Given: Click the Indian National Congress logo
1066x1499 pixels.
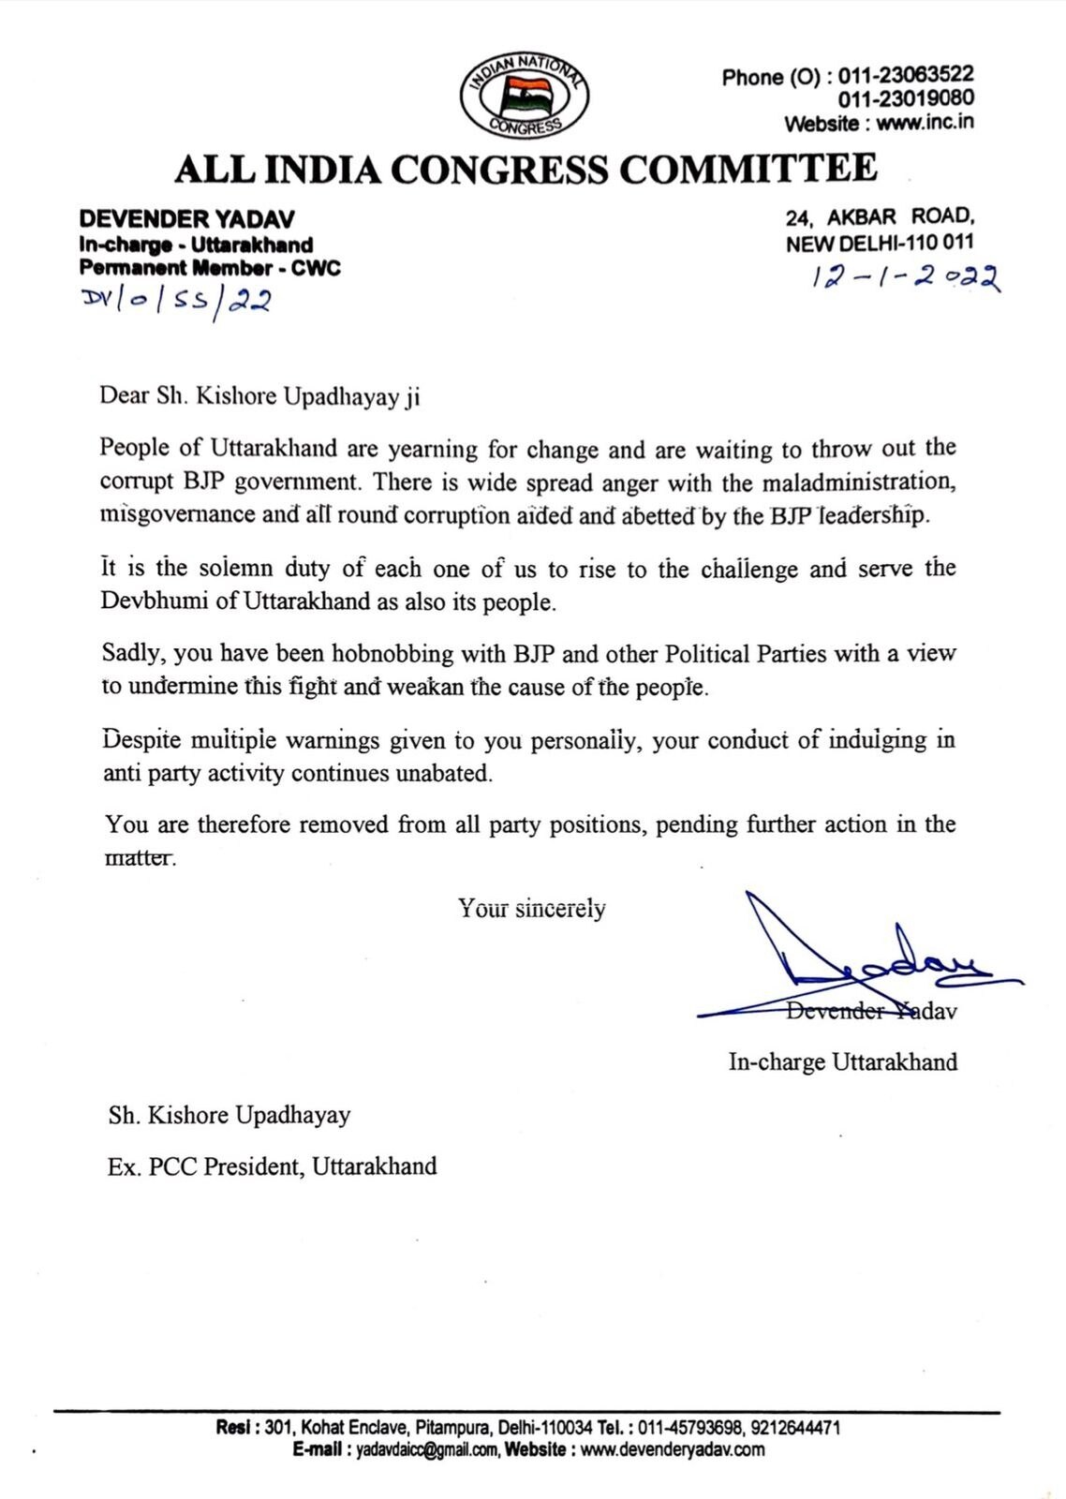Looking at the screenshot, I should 525,96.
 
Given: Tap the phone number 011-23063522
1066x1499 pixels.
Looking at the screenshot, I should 906,75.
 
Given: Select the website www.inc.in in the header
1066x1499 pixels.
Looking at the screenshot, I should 925,123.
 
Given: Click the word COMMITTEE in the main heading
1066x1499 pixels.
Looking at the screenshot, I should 749,170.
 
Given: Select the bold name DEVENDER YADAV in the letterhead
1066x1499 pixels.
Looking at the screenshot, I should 186,219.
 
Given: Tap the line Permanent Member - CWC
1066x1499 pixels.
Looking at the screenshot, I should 210,268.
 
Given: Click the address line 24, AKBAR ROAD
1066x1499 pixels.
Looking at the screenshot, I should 880,217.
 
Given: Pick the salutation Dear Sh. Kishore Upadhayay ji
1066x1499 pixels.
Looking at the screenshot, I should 259,396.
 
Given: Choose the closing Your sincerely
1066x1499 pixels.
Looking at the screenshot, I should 531,908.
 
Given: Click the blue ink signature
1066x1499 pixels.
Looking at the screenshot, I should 862,956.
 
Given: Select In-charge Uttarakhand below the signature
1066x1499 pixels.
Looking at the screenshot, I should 842,1062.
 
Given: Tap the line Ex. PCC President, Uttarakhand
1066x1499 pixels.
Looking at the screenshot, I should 272,1166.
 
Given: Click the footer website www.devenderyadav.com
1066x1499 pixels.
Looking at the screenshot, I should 672,1449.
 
